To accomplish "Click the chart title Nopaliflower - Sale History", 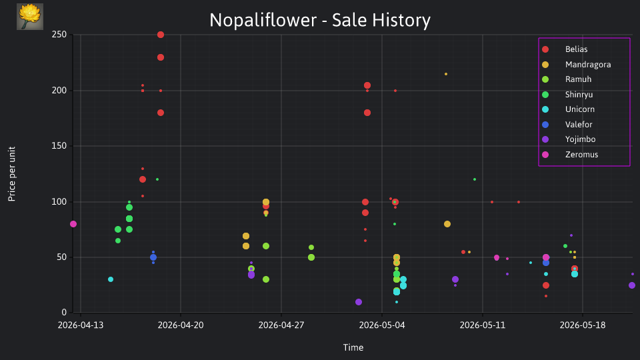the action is pyautogui.click(x=320, y=20).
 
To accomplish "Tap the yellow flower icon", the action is pyautogui.click(x=30, y=17).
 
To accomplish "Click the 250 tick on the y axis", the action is pyautogui.click(x=59, y=35).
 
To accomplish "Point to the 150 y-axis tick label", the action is pyautogui.click(x=59, y=146).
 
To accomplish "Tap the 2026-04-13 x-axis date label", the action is pyautogui.click(x=81, y=325).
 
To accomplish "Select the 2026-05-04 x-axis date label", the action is pyautogui.click(x=382, y=325).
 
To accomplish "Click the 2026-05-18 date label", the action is pyautogui.click(x=583, y=325).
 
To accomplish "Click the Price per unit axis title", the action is pyautogui.click(x=12, y=174).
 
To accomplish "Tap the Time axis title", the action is pyautogui.click(x=353, y=348).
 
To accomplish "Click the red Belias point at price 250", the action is pyautogui.click(x=161, y=35).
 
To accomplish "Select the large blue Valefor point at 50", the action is pyautogui.click(x=153, y=257).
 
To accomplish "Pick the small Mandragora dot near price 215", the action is pyautogui.click(x=446, y=74).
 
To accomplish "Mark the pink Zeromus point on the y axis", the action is pyautogui.click(x=73, y=224).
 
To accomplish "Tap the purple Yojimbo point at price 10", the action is pyautogui.click(x=359, y=302).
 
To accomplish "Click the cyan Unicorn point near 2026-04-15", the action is pyautogui.click(x=111, y=279).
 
